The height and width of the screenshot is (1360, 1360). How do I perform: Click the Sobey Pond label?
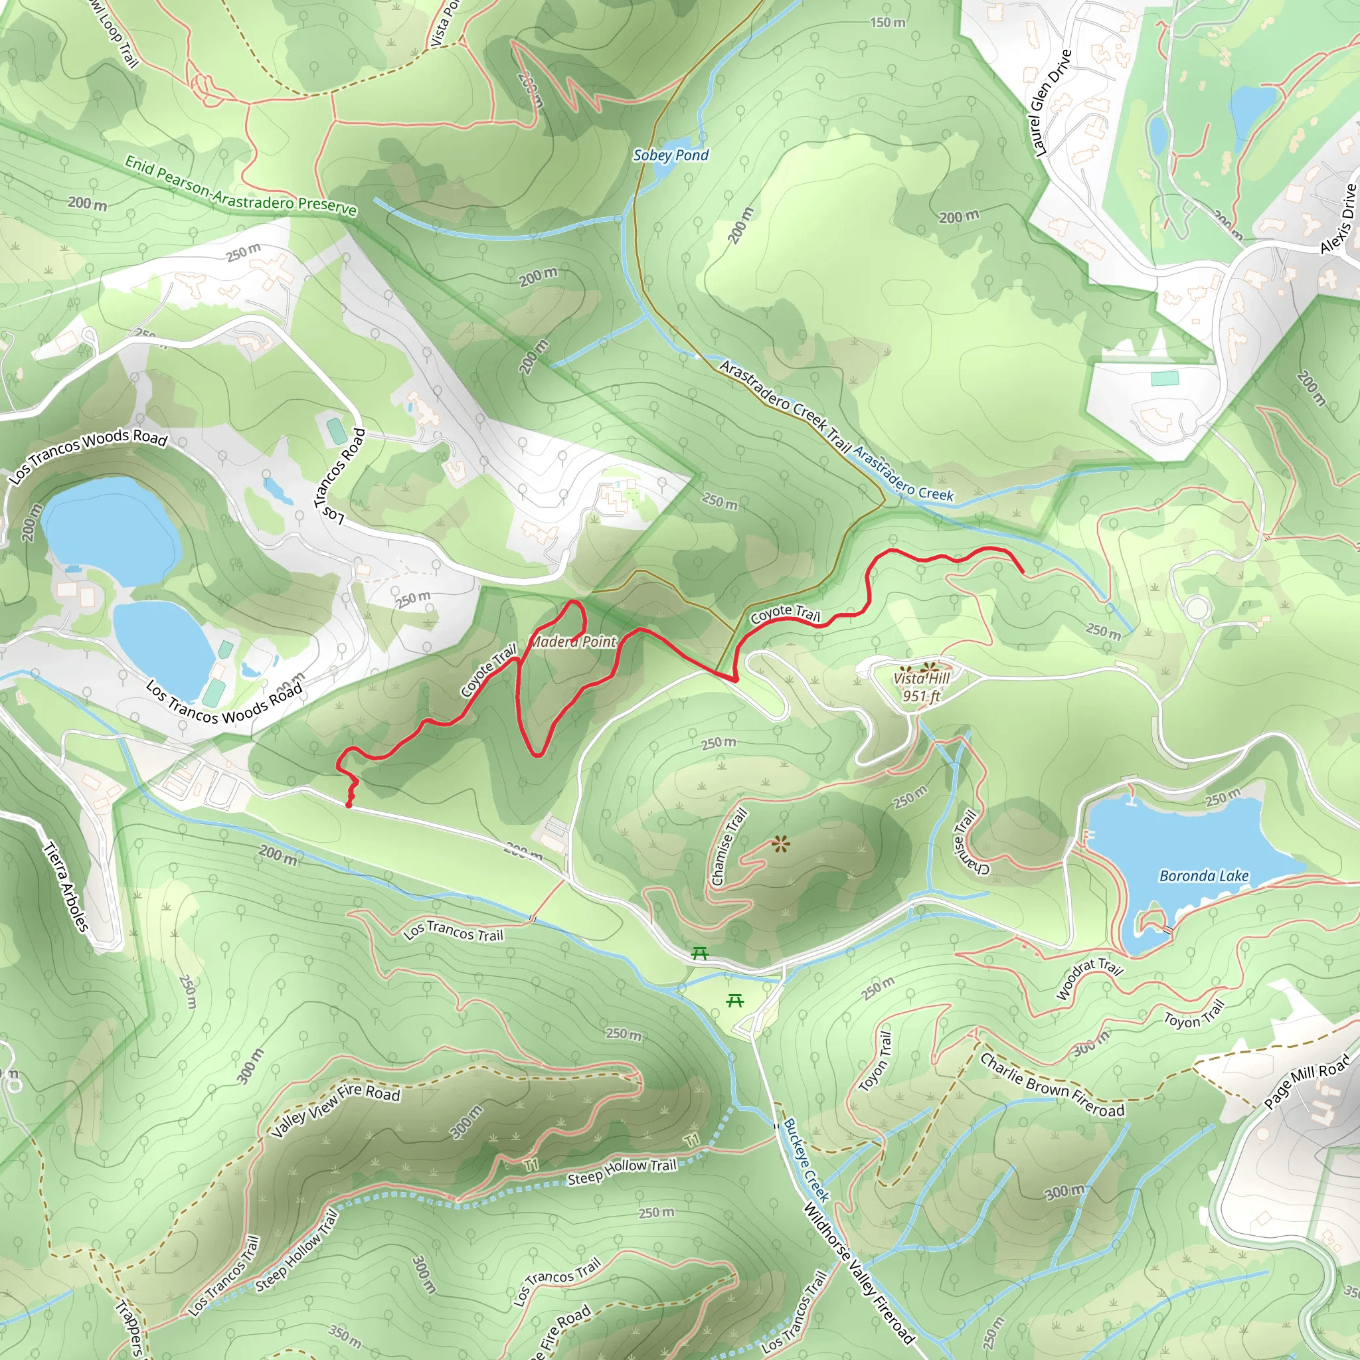coord(671,155)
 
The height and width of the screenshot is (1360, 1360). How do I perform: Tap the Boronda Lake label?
coord(1204,876)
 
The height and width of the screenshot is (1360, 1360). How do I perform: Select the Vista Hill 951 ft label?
coord(922,687)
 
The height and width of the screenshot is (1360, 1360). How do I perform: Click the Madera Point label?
coord(572,641)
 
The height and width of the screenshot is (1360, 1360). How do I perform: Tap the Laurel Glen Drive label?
coord(1051,103)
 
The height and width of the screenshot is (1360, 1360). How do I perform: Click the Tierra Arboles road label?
coord(67,887)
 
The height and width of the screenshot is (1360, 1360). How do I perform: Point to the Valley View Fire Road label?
coord(336,1110)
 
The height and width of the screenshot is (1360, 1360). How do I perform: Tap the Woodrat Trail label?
coord(1089,977)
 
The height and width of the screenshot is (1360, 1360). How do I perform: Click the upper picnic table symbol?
coord(699,953)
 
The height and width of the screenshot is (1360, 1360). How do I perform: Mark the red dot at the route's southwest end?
coord(349,805)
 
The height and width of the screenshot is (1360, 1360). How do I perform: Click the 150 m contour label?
coord(888,23)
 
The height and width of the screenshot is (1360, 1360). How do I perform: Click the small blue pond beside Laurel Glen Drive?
coord(1157,134)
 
